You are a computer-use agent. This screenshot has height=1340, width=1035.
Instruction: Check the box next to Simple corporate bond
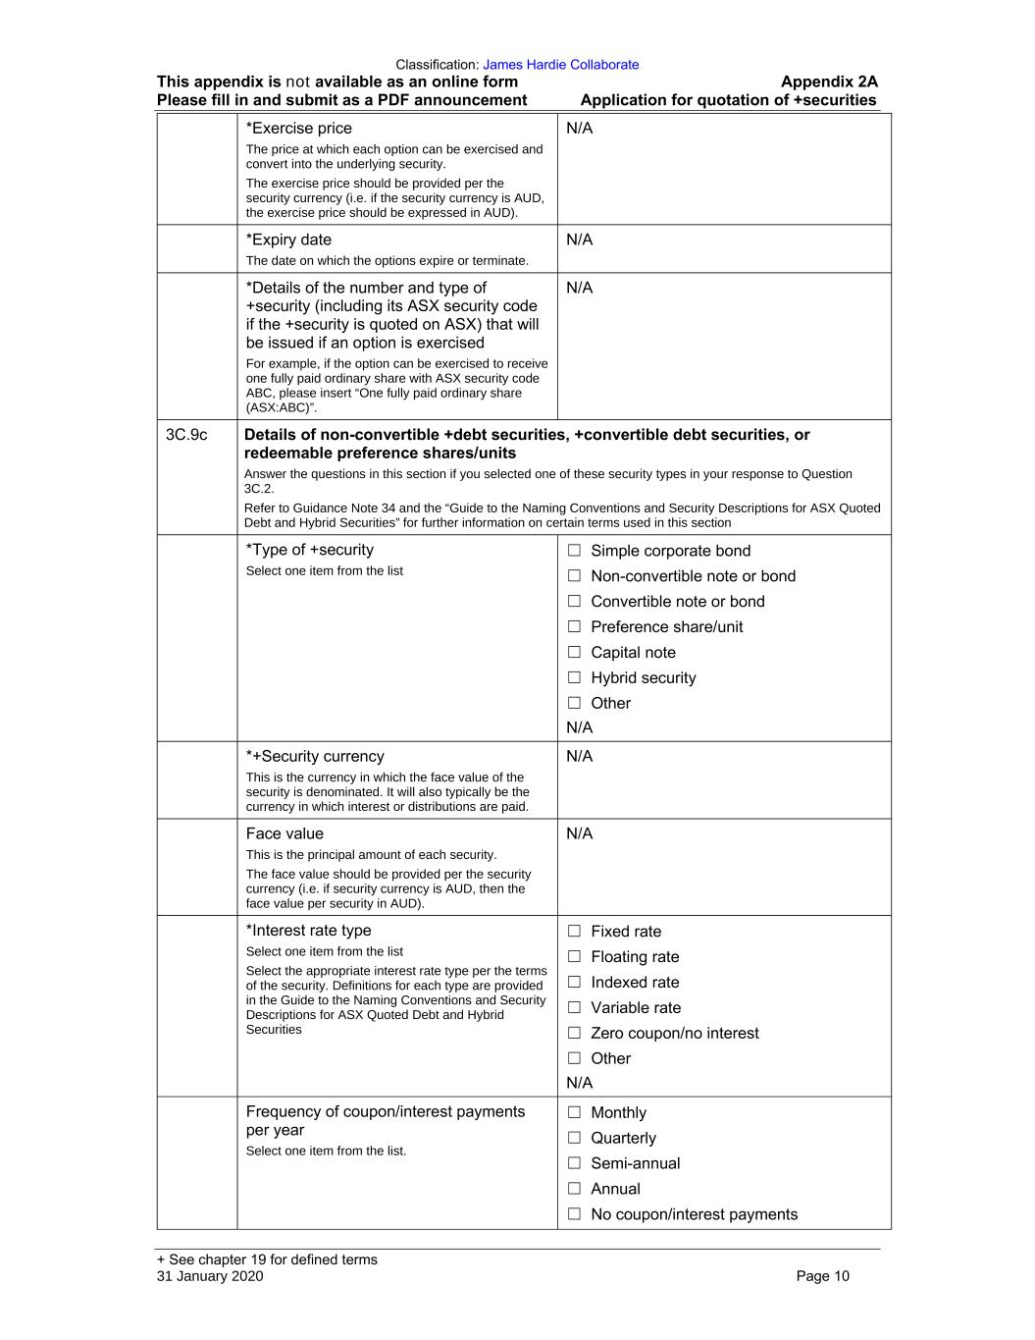[574, 551]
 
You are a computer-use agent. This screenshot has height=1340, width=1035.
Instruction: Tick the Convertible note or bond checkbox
[574, 602]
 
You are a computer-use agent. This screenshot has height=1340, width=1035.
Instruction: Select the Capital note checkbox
[574, 653]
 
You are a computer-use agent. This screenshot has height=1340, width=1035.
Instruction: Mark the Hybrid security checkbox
[574, 678]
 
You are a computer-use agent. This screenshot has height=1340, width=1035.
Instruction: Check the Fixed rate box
[574, 932]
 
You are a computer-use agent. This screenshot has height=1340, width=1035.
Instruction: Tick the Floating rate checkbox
[574, 957]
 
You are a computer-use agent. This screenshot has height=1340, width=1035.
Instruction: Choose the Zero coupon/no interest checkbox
[574, 1034]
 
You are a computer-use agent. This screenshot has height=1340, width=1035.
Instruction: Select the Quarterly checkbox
[574, 1139]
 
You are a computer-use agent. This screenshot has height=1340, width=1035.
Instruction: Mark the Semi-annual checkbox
[574, 1164]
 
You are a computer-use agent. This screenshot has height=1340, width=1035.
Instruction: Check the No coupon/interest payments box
[574, 1215]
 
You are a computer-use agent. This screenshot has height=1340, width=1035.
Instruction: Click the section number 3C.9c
[186, 435]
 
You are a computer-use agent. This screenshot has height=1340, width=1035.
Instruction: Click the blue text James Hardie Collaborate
[560, 65]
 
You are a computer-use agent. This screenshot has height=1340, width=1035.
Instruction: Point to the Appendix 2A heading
[828, 82]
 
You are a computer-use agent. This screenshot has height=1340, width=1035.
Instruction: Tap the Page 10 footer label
[822, 1276]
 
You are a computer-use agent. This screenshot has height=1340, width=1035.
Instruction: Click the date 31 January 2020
[210, 1276]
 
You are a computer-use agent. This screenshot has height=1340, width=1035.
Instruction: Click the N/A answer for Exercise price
[580, 129]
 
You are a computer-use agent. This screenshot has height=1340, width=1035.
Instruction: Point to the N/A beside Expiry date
[580, 241]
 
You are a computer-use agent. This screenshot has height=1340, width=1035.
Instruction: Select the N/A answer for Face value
[580, 834]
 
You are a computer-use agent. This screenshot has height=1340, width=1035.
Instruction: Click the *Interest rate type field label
[308, 931]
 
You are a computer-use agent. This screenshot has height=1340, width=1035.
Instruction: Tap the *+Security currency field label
[315, 757]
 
